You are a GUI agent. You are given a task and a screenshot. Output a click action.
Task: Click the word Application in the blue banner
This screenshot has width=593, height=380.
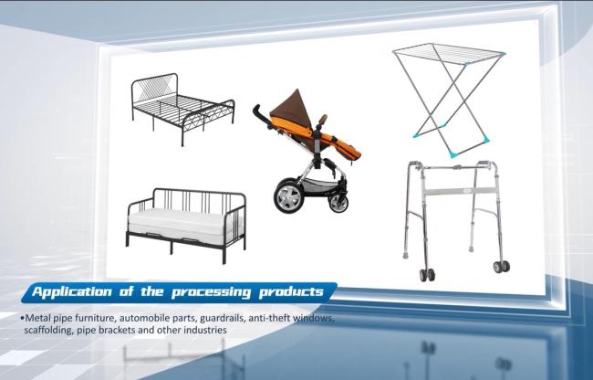(72, 292)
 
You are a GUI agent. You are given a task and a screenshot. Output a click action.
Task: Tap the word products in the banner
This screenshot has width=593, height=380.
(291, 292)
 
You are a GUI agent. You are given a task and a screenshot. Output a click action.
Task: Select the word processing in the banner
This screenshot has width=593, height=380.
(211, 292)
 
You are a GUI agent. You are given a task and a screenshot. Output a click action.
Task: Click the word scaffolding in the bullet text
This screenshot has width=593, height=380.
(48, 330)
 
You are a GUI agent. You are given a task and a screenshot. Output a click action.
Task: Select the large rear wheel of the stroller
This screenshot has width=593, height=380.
(288, 196)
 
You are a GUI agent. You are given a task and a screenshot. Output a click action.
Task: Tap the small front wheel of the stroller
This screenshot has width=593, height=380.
(338, 203)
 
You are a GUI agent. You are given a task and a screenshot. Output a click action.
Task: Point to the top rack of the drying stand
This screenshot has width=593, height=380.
(449, 53)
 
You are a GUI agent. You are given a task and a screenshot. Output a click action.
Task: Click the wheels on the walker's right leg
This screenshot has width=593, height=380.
(502, 267)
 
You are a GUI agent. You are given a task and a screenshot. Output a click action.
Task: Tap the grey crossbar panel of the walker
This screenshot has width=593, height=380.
(459, 191)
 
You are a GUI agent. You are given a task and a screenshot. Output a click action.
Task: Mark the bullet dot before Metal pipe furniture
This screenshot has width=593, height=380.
(22, 318)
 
